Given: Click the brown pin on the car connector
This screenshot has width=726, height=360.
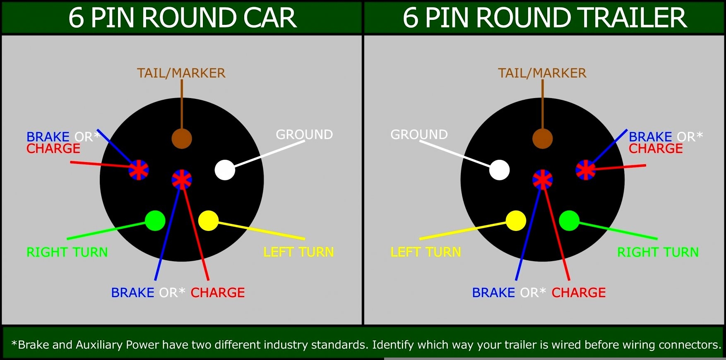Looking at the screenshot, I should [182, 138].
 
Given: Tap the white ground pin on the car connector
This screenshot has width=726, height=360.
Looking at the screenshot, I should [225, 170].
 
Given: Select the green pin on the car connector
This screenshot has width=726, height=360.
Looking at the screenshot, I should [155, 221].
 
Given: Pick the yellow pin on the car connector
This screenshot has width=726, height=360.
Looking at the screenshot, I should [208, 221].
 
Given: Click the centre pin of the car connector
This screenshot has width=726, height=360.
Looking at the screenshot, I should [182, 180].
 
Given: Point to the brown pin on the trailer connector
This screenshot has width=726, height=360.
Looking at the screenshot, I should [542, 138].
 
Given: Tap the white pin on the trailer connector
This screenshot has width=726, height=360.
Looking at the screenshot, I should [499, 170].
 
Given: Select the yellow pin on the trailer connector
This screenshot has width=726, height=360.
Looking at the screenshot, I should [516, 221].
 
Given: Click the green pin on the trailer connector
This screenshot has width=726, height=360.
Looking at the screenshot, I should [569, 221].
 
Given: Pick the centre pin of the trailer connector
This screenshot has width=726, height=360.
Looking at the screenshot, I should [542, 180].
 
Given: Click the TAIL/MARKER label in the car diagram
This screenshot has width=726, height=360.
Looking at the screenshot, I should [181, 73].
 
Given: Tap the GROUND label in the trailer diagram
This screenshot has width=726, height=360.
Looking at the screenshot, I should [419, 134].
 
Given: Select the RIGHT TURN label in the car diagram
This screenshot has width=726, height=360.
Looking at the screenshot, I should [67, 252].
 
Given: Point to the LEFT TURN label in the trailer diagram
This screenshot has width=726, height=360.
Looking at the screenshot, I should [426, 252].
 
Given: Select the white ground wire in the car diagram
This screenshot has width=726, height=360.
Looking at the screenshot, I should [269, 154].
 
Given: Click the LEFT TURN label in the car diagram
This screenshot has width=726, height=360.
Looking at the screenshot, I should [298, 252].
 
